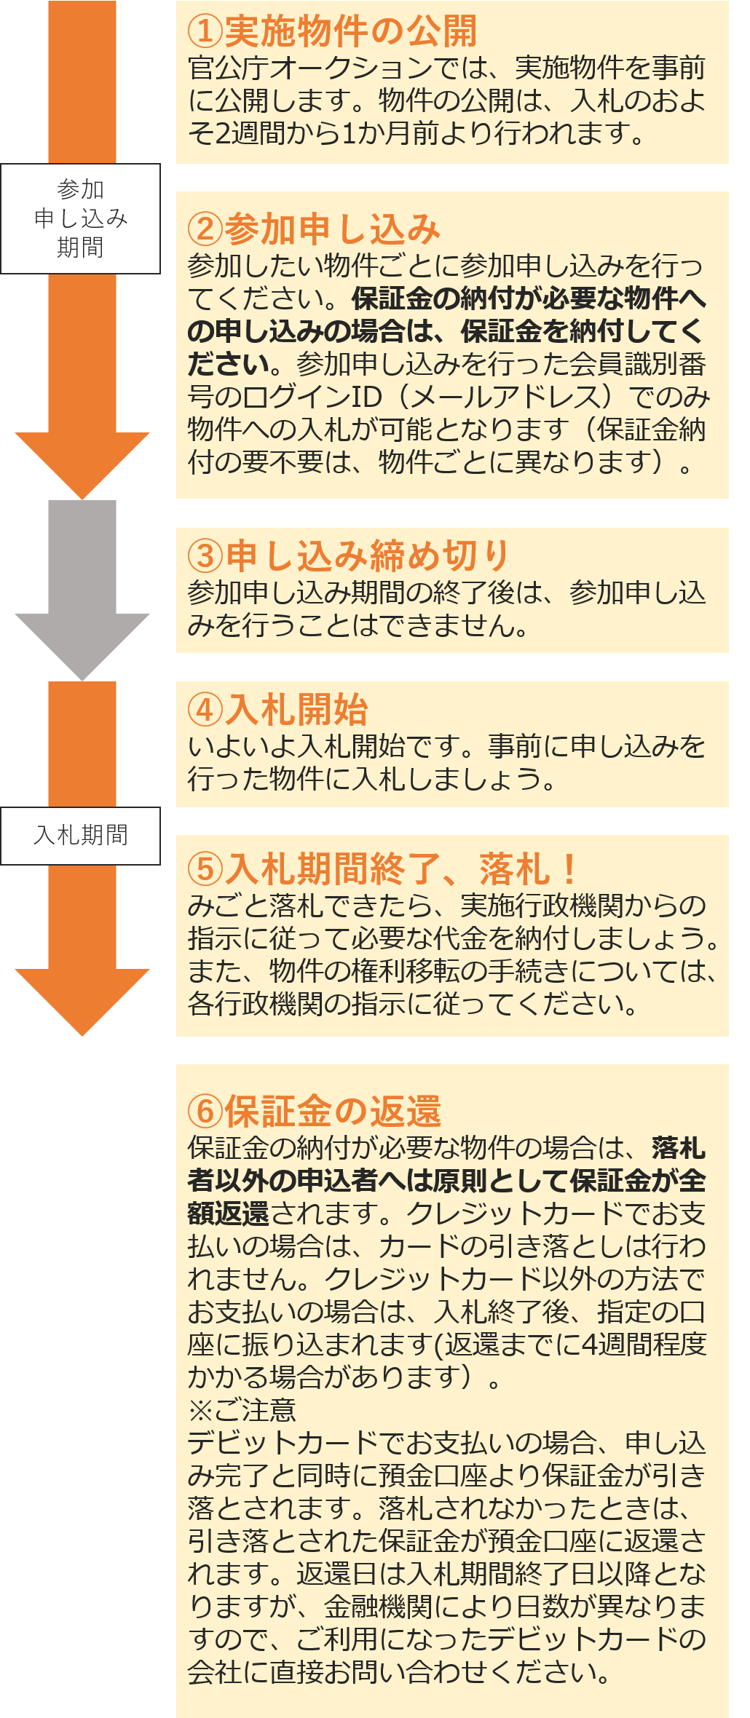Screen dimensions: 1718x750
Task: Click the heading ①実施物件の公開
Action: [332, 31]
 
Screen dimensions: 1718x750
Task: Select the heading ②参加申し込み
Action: [314, 229]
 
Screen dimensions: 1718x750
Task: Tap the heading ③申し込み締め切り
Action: [348, 556]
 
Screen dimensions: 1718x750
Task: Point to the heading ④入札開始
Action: [277, 710]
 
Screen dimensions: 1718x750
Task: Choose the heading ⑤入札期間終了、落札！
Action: [382, 868]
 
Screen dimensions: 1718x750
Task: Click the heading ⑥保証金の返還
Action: [315, 1112]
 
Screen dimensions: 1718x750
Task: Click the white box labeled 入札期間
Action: [80, 835]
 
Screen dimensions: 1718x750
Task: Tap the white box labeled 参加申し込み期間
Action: [80, 218]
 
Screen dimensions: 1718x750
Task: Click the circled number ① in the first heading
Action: [205, 31]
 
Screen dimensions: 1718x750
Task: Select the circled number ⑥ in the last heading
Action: [205, 1112]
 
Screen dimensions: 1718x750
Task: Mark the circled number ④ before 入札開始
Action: [205, 710]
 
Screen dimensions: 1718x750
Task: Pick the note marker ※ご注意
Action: [242, 1410]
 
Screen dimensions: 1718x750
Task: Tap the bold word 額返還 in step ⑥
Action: [228, 1214]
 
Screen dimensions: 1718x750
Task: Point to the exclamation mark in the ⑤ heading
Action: [569, 868]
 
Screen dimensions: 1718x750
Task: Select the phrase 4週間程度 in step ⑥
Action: [644, 1345]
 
